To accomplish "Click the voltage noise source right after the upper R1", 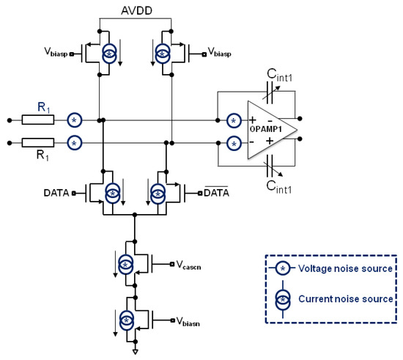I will [74, 119].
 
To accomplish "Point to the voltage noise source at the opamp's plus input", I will [234, 119].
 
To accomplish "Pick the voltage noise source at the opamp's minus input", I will [234, 143].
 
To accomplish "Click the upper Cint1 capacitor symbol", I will [270, 93].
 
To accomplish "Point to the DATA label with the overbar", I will [217, 193].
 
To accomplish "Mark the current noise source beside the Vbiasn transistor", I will [125, 320].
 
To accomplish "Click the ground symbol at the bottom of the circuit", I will [135, 350].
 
